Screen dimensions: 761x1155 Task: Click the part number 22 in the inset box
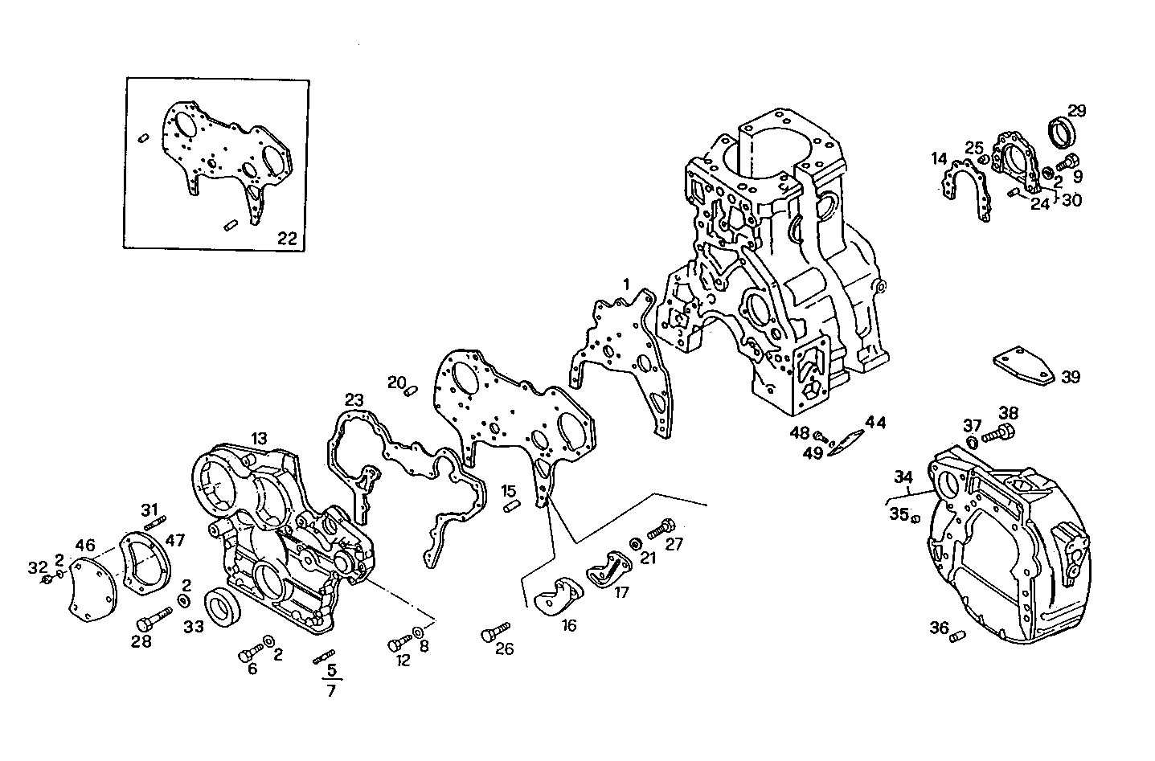coord(287,238)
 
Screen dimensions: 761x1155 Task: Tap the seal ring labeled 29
coord(1066,133)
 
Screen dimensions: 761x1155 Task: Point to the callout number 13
coord(258,438)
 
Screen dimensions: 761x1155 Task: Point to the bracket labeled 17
coord(609,568)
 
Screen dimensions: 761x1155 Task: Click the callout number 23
coord(354,399)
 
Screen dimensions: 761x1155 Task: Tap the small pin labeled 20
coord(410,391)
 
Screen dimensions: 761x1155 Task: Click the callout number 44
coord(875,422)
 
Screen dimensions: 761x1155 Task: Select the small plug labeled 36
coord(956,637)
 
